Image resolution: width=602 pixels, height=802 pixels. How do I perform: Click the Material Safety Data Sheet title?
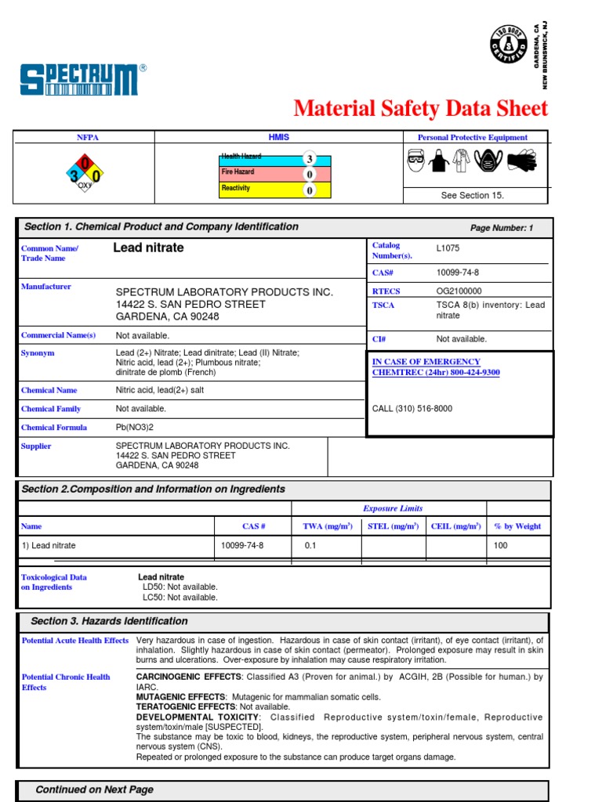[420, 108]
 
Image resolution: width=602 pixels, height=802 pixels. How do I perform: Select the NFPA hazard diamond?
[84, 172]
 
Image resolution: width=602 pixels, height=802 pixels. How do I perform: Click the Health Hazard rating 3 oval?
[310, 159]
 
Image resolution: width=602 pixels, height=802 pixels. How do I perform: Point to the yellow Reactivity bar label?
[236, 189]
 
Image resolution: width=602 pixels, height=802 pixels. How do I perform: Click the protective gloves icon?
[521, 161]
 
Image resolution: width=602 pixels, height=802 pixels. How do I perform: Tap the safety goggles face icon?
[417, 161]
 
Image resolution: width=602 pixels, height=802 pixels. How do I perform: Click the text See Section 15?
[472, 196]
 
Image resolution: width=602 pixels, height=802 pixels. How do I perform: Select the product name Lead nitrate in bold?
[149, 248]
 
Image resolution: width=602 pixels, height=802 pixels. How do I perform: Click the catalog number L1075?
[448, 248]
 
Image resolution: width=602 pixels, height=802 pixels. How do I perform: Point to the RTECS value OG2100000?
[459, 291]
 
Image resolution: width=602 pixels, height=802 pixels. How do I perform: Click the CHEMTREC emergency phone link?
[435, 373]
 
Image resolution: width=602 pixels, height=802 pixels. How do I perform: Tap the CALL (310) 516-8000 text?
[412, 409]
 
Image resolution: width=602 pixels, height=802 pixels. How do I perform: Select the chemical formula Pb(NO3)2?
[136, 428]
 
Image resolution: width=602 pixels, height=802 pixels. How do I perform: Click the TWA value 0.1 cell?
[310, 546]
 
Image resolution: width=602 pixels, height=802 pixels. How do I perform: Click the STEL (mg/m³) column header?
[393, 526]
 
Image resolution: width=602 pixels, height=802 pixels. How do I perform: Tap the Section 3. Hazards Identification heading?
[109, 621]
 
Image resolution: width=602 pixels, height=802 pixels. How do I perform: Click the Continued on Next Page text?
[95, 789]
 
